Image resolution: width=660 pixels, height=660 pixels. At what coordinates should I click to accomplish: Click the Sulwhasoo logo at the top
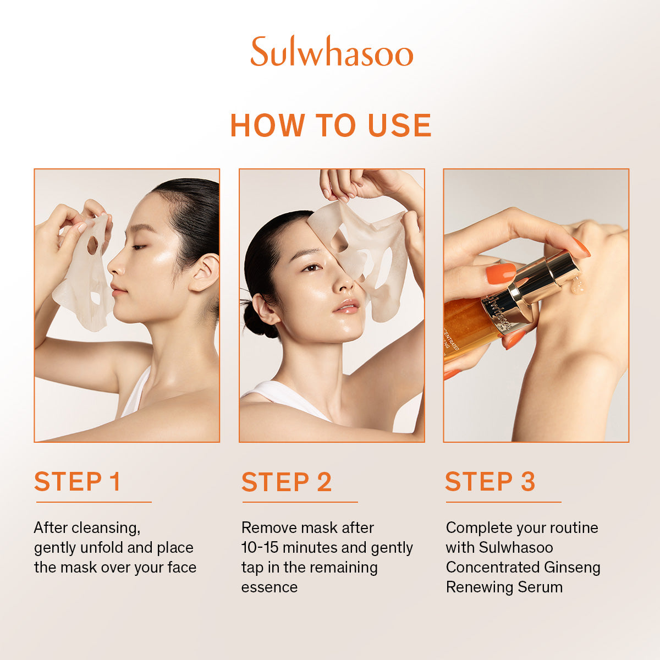click(x=332, y=51)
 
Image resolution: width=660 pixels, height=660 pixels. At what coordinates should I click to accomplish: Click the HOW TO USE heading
click(x=331, y=125)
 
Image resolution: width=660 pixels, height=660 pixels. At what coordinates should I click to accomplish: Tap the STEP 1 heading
click(x=78, y=481)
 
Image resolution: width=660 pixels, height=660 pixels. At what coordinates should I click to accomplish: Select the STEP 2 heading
click(x=287, y=482)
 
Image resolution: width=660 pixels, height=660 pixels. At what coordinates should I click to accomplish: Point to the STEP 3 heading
click(x=490, y=481)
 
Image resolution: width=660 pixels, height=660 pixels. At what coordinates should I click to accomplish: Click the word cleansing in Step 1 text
click(x=106, y=528)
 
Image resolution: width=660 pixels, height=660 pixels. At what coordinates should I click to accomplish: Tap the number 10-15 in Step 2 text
click(x=260, y=547)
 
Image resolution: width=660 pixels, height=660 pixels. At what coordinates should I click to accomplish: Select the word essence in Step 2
click(x=269, y=587)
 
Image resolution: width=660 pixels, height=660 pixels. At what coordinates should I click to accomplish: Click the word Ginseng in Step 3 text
click(x=572, y=568)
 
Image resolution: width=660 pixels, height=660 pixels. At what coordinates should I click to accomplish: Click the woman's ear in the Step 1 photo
click(x=205, y=273)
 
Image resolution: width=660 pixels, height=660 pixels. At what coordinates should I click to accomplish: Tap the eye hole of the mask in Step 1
click(x=92, y=245)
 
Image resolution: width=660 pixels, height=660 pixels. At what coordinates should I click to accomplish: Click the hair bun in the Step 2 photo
click(x=257, y=318)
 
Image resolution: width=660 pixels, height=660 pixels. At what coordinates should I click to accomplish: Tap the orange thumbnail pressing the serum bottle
click(x=501, y=273)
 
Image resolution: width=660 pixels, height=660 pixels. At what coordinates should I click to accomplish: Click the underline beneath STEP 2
click(x=300, y=502)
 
